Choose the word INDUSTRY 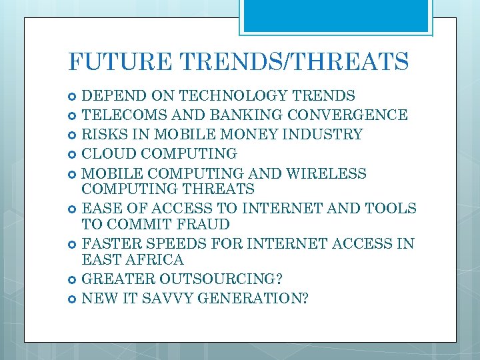(x=323, y=135)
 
